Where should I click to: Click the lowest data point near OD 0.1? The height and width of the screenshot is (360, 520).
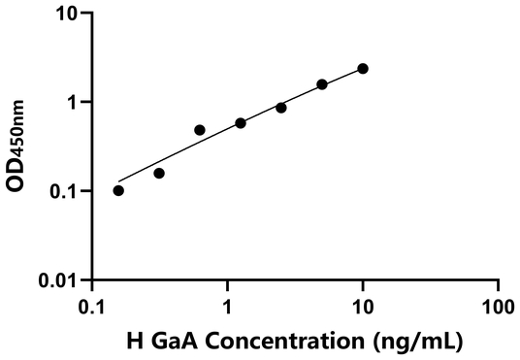tap(118, 190)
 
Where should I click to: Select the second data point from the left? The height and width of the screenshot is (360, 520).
tap(159, 173)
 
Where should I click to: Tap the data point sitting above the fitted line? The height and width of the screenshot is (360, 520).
tap(200, 130)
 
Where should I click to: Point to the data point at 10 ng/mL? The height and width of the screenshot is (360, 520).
tap(363, 68)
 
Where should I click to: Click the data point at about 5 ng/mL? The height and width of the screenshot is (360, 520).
tap(322, 84)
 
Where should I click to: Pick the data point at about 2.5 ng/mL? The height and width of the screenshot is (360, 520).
tap(281, 108)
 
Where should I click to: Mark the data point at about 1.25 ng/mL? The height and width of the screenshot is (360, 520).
tap(241, 123)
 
